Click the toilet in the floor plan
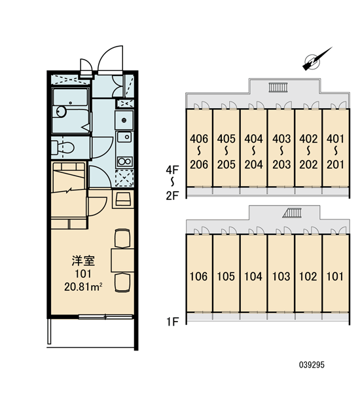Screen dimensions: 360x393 (63, 147)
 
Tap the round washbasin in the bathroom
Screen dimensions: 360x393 (61, 111)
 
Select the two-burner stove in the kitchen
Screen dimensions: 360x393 (124, 162)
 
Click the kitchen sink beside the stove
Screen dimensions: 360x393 (124, 137)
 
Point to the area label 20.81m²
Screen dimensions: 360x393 (83, 287)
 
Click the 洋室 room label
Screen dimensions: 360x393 (83, 261)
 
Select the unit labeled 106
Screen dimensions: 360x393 (199, 276)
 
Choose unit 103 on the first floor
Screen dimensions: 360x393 (281, 276)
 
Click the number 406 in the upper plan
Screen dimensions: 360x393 (199, 139)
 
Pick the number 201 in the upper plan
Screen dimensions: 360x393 (336, 164)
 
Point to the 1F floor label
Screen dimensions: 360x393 (172, 322)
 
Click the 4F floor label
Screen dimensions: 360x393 (172, 170)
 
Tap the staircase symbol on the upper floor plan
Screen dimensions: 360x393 (278, 87)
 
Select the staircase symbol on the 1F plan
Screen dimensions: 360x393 (292, 213)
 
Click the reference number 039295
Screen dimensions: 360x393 (312, 365)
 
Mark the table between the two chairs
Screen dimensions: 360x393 (122, 260)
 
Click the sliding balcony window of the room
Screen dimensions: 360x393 (105, 317)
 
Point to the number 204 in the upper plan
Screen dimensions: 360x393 (254, 164)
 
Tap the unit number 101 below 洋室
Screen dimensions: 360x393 (83, 274)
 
